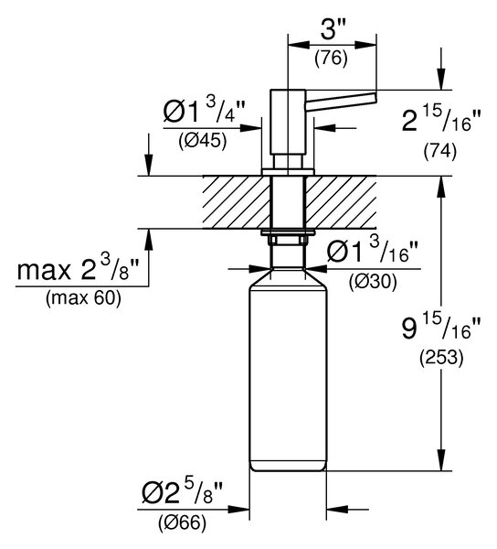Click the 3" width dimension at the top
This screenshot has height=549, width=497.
[333, 29]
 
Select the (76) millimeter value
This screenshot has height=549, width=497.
[332, 59]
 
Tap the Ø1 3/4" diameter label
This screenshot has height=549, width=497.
[205, 110]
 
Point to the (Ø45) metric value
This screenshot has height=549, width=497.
[203, 142]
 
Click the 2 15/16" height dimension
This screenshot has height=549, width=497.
[442, 120]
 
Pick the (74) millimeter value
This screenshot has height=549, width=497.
[440, 152]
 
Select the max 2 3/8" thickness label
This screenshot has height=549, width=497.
[78, 268]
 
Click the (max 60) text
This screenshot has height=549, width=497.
[83, 298]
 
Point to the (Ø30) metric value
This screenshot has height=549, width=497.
[373, 282]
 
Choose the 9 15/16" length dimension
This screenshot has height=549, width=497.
[441, 328]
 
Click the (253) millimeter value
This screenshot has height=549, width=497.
[441, 358]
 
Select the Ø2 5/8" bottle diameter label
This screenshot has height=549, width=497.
[182, 491]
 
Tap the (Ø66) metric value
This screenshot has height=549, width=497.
[182, 523]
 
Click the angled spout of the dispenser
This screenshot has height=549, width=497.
[342, 99]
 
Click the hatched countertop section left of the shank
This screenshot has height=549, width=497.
[237, 202]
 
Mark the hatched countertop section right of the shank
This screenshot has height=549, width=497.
[342, 202]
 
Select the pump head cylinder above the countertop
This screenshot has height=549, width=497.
[289, 122]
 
